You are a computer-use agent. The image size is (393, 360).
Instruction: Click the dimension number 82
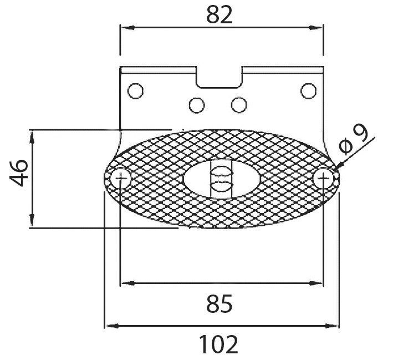(220, 15)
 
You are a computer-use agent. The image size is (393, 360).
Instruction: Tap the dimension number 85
(220, 303)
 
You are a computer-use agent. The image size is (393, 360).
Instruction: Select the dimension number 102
(218, 344)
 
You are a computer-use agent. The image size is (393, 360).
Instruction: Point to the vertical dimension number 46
(18, 173)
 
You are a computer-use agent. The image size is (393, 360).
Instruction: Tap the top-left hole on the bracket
(135, 91)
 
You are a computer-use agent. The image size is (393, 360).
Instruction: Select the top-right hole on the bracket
(308, 91)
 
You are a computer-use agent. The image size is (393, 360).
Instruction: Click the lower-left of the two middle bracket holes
(197, 105)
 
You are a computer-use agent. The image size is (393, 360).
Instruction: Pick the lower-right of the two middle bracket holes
(239, 105)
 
